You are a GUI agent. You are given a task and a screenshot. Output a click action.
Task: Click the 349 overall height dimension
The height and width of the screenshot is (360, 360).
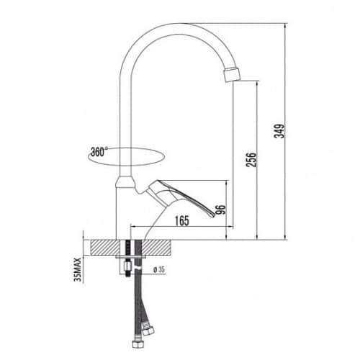coord(279,131)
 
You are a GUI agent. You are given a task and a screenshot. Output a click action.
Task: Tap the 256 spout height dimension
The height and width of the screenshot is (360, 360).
coord(251,159)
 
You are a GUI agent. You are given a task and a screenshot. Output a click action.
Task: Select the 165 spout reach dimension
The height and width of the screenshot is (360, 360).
coord(181,221)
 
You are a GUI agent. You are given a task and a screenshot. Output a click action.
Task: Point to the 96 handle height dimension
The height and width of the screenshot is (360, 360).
coord(221,210)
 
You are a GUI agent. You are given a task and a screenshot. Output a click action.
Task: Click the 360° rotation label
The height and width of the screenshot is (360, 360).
coord(99,152)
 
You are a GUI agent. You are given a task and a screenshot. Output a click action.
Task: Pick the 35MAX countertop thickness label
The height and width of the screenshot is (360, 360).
coord(78,270)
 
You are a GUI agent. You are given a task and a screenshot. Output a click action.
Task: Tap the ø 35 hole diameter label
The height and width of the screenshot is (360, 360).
coord(159,270)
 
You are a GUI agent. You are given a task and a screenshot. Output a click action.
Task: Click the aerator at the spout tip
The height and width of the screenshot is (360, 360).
coord(232,74)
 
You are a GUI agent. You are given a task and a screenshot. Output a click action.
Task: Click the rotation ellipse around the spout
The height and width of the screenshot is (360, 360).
coord(126,166)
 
